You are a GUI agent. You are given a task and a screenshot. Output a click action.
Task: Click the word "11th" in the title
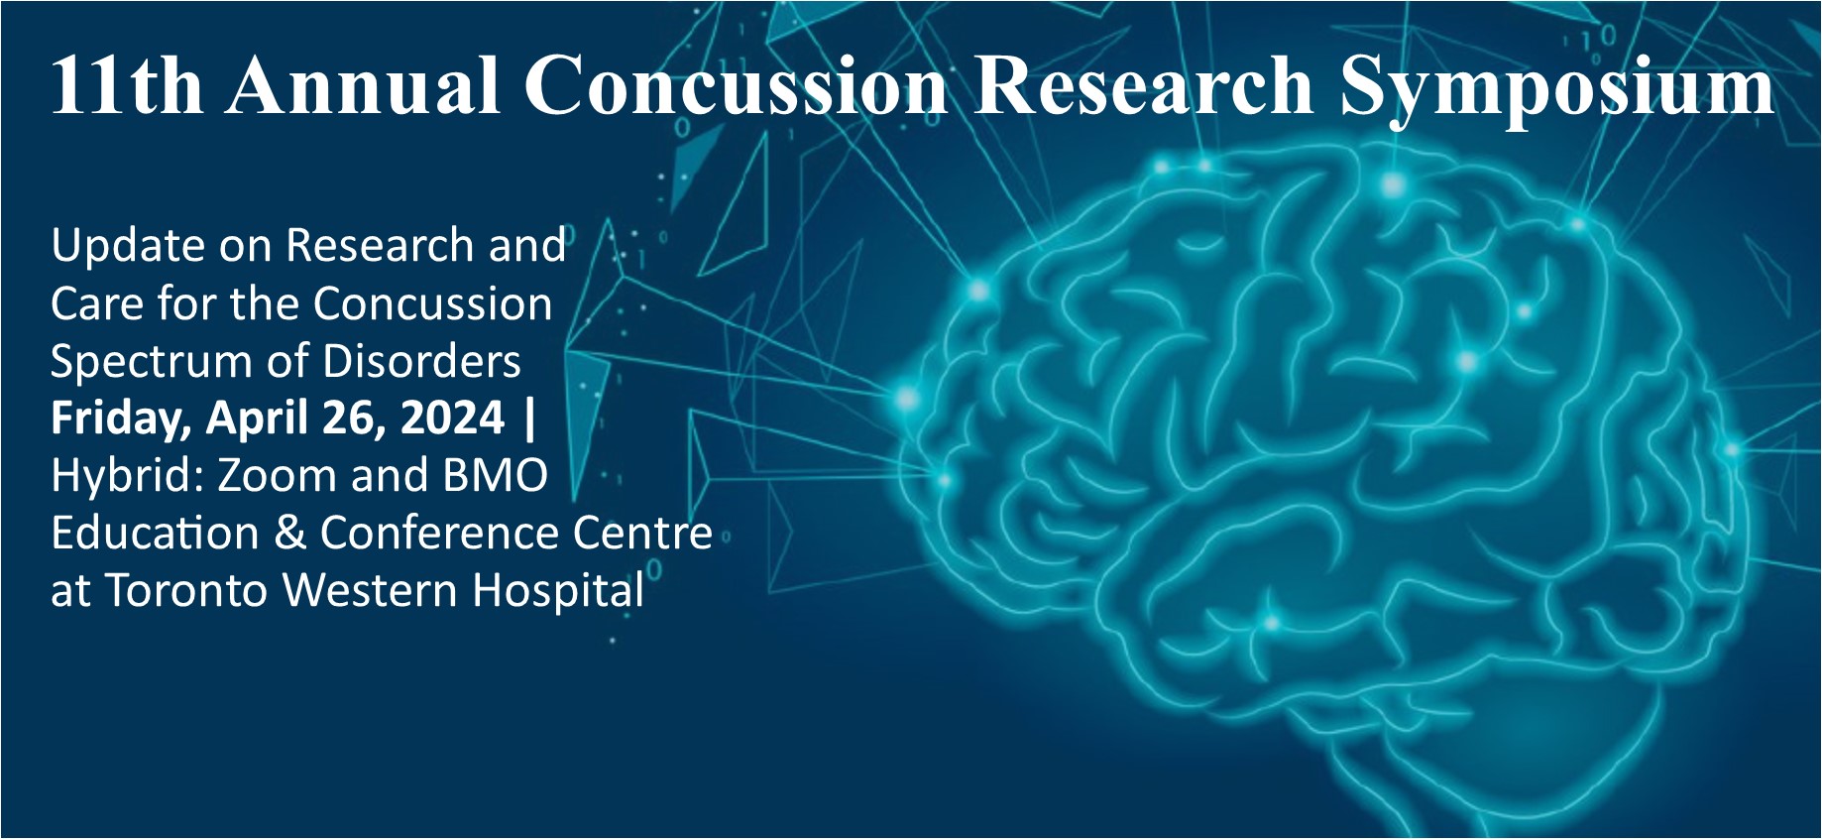[x=126, y=85]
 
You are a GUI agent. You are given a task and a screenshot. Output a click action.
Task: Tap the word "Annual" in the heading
[x=363, y=85]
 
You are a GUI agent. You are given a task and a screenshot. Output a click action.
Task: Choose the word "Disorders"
[x=421, y=360]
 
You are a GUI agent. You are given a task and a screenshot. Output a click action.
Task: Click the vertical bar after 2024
[x=529, y=418]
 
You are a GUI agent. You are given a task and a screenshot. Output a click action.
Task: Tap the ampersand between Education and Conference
[x=289, y=534]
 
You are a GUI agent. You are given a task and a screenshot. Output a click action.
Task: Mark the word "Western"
[x=372, y=590]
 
